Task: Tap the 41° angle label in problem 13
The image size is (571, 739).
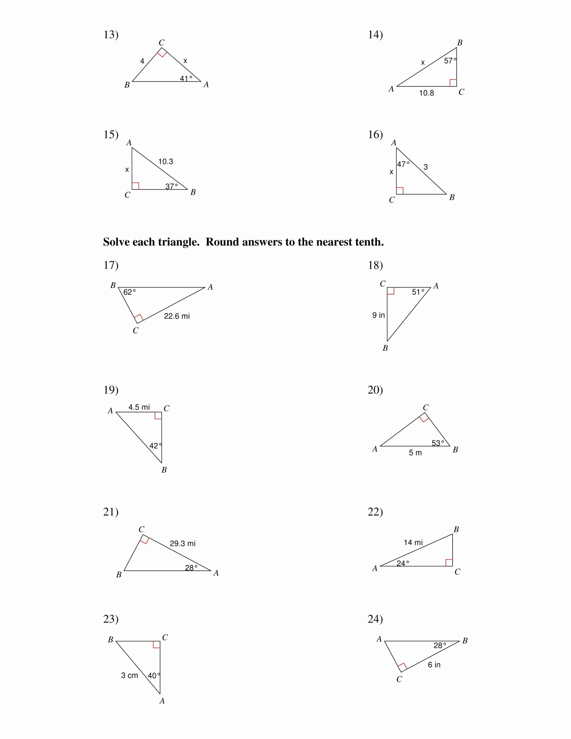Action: (x=186, y=79)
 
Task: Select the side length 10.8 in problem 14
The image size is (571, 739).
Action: (x=426, y=93)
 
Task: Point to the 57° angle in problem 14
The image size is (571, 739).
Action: (x=450, y=61)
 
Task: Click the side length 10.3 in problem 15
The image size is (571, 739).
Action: (x=165, y=162)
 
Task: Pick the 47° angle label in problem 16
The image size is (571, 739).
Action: (x=403, y=165)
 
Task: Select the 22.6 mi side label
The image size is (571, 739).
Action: (x=177, y=316)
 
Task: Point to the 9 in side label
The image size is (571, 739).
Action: (x=378, y=315)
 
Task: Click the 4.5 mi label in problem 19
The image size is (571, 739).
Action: (x=139, y=407)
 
